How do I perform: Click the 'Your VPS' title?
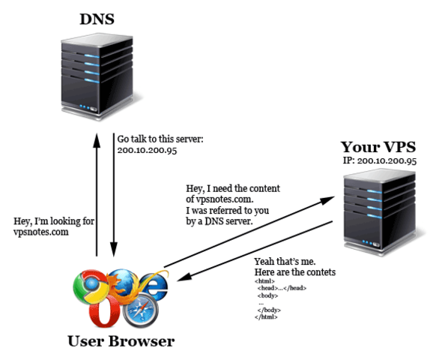pos(379,146)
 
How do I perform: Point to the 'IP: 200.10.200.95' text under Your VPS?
pos(379,160)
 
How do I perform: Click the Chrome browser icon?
pos(88,287)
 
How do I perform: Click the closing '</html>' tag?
pos(266,317)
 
